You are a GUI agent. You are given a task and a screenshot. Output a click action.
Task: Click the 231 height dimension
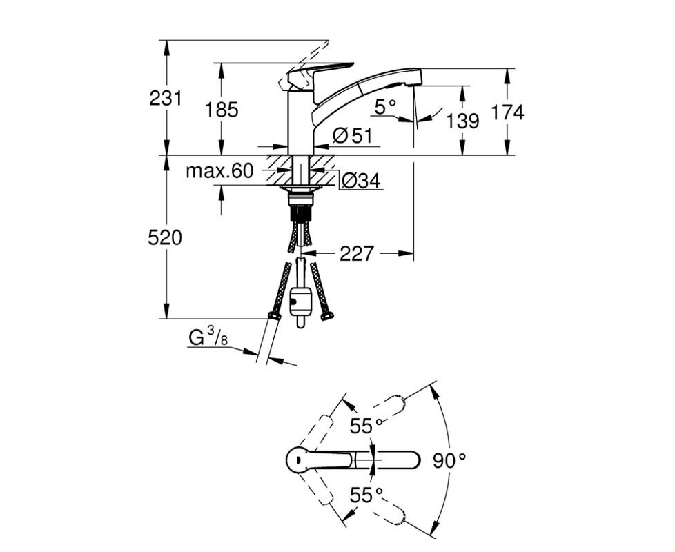pos(166,99)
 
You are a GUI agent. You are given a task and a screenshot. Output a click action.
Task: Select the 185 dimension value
pos(222,109)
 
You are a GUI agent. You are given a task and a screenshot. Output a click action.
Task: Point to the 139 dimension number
pos(462,121)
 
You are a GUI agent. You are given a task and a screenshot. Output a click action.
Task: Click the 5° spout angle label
pos(385,107)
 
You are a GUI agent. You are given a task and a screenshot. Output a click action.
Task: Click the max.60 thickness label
pos(219,171)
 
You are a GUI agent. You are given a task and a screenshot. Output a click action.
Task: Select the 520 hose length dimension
pos(166,238)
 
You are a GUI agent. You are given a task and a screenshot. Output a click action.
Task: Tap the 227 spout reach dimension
pos(356,255)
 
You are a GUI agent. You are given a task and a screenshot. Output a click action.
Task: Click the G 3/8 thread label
pos(208,338)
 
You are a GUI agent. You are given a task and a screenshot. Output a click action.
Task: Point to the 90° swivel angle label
pos(452,460)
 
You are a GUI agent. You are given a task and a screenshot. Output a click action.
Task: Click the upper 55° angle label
pos(366,426)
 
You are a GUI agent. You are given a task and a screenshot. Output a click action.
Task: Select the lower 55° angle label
pos(366,495)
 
